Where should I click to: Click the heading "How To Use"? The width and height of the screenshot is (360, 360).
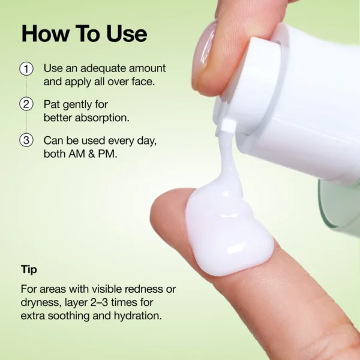tap(84, 34)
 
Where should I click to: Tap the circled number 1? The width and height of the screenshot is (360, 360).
tap(26, 68)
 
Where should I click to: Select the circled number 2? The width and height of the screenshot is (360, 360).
tap(26, 104)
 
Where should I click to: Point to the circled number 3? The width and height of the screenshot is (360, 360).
tap(26, 140)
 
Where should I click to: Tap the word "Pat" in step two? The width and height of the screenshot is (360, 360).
tap(52, 104)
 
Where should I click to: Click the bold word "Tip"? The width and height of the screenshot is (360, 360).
tap(29, 269)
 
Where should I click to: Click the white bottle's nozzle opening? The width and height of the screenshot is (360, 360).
tap(227, 125)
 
